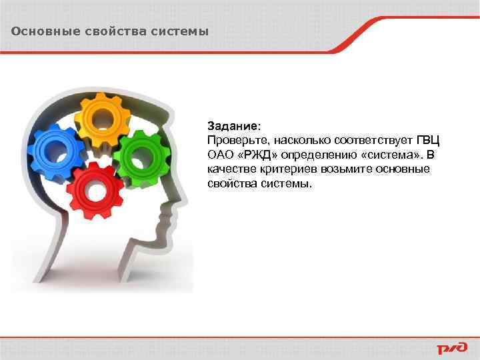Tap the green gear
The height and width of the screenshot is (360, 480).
tap(139, 157)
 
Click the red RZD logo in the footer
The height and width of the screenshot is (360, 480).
tap(453, 348)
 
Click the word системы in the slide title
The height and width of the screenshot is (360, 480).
tap(181, 31)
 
